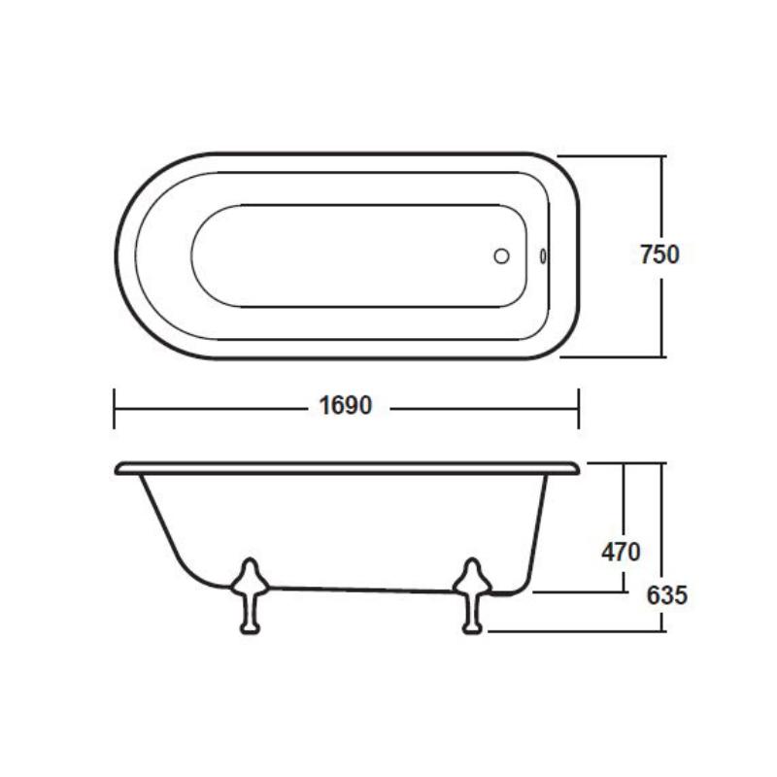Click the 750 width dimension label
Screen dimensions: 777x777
(x=659, y=254)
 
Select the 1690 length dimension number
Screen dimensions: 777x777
(x=346, y=407)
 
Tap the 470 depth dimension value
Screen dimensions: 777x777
(x=621, y=552)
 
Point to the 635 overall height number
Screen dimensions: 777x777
(x=666, y=594)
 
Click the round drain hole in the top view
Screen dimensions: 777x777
(x=501, y=255)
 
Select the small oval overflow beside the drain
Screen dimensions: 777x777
(x=543, y=255)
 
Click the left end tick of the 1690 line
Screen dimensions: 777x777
(x=115, y=408)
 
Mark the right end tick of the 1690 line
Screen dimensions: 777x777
(x=579, y=408)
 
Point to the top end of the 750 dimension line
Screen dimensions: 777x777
(x=663, y=156)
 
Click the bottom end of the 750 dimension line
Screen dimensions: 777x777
(x=663, y=356)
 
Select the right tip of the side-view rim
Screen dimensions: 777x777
(x=578, y=468)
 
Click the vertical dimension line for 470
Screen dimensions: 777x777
(x=624, y=505)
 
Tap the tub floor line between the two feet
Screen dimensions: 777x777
(x=359, y=589)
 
